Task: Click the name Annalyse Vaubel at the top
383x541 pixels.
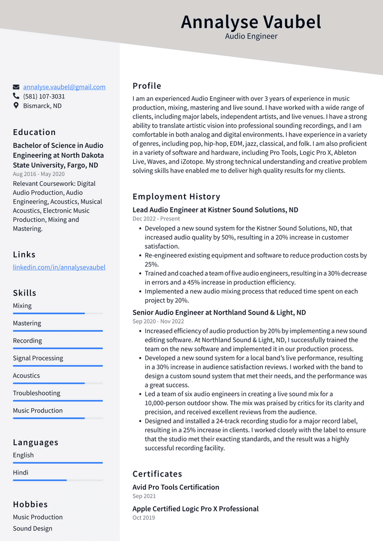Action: point(251,22)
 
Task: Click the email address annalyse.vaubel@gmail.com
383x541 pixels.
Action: point(64,87)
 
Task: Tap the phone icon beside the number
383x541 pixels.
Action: point(16,96)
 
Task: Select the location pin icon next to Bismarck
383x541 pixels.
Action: point(16,106)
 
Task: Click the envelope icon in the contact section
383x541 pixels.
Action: point(16,87)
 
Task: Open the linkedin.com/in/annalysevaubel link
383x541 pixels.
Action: point(59,267)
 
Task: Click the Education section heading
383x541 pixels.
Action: point(34,132)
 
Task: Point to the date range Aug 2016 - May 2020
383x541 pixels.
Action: point(39,174)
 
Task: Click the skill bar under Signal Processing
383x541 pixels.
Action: point(58,365)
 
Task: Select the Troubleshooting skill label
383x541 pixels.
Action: point(37,393)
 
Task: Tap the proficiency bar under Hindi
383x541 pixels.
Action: point(58,480)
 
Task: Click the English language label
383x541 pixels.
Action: point(23,455)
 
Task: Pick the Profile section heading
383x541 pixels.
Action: point(147,86)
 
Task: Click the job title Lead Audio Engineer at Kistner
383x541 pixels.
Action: point(215,210)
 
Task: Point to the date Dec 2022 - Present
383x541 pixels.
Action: point(156,218)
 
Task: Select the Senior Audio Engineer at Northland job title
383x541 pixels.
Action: point(219,313)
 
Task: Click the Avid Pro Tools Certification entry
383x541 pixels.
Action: point(176,487)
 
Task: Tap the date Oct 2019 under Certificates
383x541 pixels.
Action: point(143,518)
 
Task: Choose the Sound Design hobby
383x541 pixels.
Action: point(32,528)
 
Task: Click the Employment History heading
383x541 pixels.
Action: point(176,197)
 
